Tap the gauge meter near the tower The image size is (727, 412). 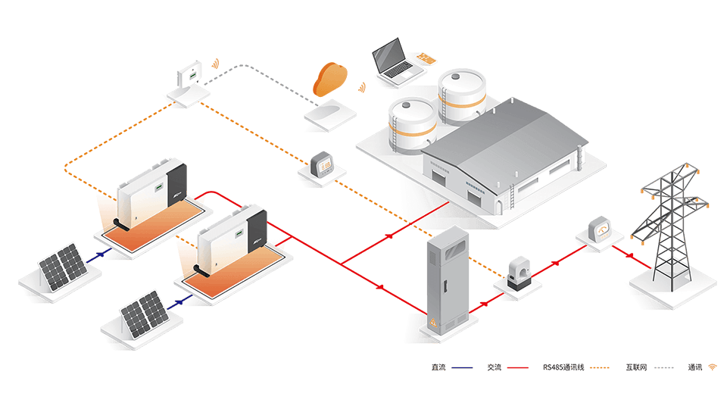click(603, 229)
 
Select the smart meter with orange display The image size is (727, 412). click(323, 164)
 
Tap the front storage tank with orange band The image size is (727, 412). click(412, 125)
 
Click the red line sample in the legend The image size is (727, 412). click(517, 368)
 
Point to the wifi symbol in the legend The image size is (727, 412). click(713, 368)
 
